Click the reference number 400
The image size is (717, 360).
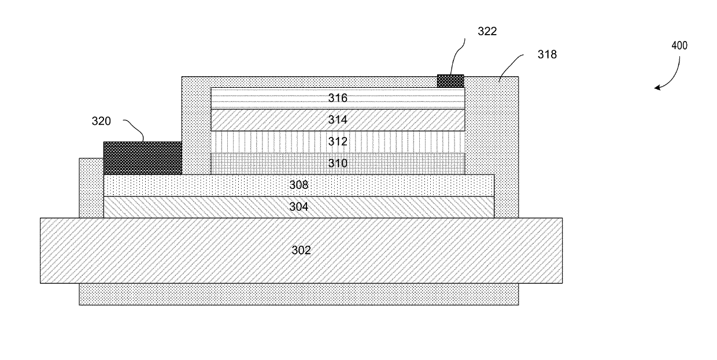(679, 46)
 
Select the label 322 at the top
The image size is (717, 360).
(486, 31)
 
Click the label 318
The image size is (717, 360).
(546, 54)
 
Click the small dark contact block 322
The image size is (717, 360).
(450, 81)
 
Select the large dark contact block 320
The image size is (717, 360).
(142, 158)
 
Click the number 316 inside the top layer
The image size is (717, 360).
(338, 98)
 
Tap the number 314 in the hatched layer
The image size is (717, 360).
(338, 120)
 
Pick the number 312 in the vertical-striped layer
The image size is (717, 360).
(338, 142)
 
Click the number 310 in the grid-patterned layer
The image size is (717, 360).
(338, 164)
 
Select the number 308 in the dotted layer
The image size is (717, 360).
(299, 185)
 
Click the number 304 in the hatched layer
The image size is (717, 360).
(299, 207)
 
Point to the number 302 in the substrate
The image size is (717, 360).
(301, 250)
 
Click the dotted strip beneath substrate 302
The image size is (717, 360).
(298, 294)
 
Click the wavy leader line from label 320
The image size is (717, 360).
(134, 130)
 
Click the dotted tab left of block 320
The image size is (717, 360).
(91, 187)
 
